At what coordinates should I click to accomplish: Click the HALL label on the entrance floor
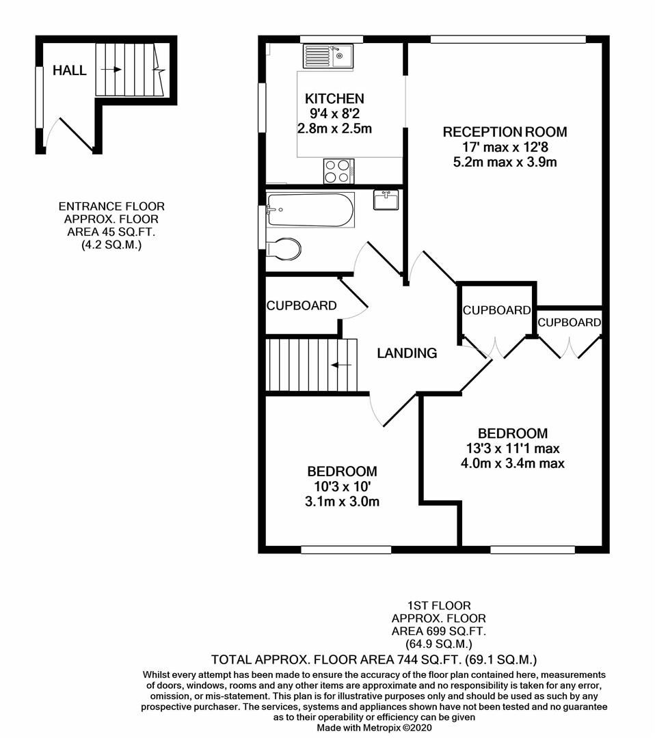pyautogui.click(x=70, y=70)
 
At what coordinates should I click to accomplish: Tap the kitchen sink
pyautogui.click(x=328, y=56)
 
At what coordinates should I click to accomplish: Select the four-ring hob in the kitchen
pyautogui.click(x=337, y=171)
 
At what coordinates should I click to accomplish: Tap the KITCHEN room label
pyautogui.click(x=334, y=98)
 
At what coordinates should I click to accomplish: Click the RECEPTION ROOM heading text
pyautogui.click(x=505, y=132)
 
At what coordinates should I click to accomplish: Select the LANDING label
pyautogui.click(x=407, y=353)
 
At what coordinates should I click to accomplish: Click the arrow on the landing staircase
pyautogui.click(x=341, y=366)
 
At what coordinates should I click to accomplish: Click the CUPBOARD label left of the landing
pyautogui.click(x=302, y=305)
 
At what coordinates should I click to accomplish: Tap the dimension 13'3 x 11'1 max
pyautogui.click(x=512, y=448)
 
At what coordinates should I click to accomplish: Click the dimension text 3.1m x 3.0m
pyautogui.click(x=342, y=502)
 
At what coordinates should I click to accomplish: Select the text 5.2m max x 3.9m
pyautogui.click(x=505, y=163)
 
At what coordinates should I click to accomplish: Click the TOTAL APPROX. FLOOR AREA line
pyautogui.click(x=374, y=659)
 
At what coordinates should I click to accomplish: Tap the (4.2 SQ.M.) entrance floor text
pyautogui.click(x=111, y=245)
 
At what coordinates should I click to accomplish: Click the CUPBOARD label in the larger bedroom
pyautogui.click(x=569, y=323)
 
